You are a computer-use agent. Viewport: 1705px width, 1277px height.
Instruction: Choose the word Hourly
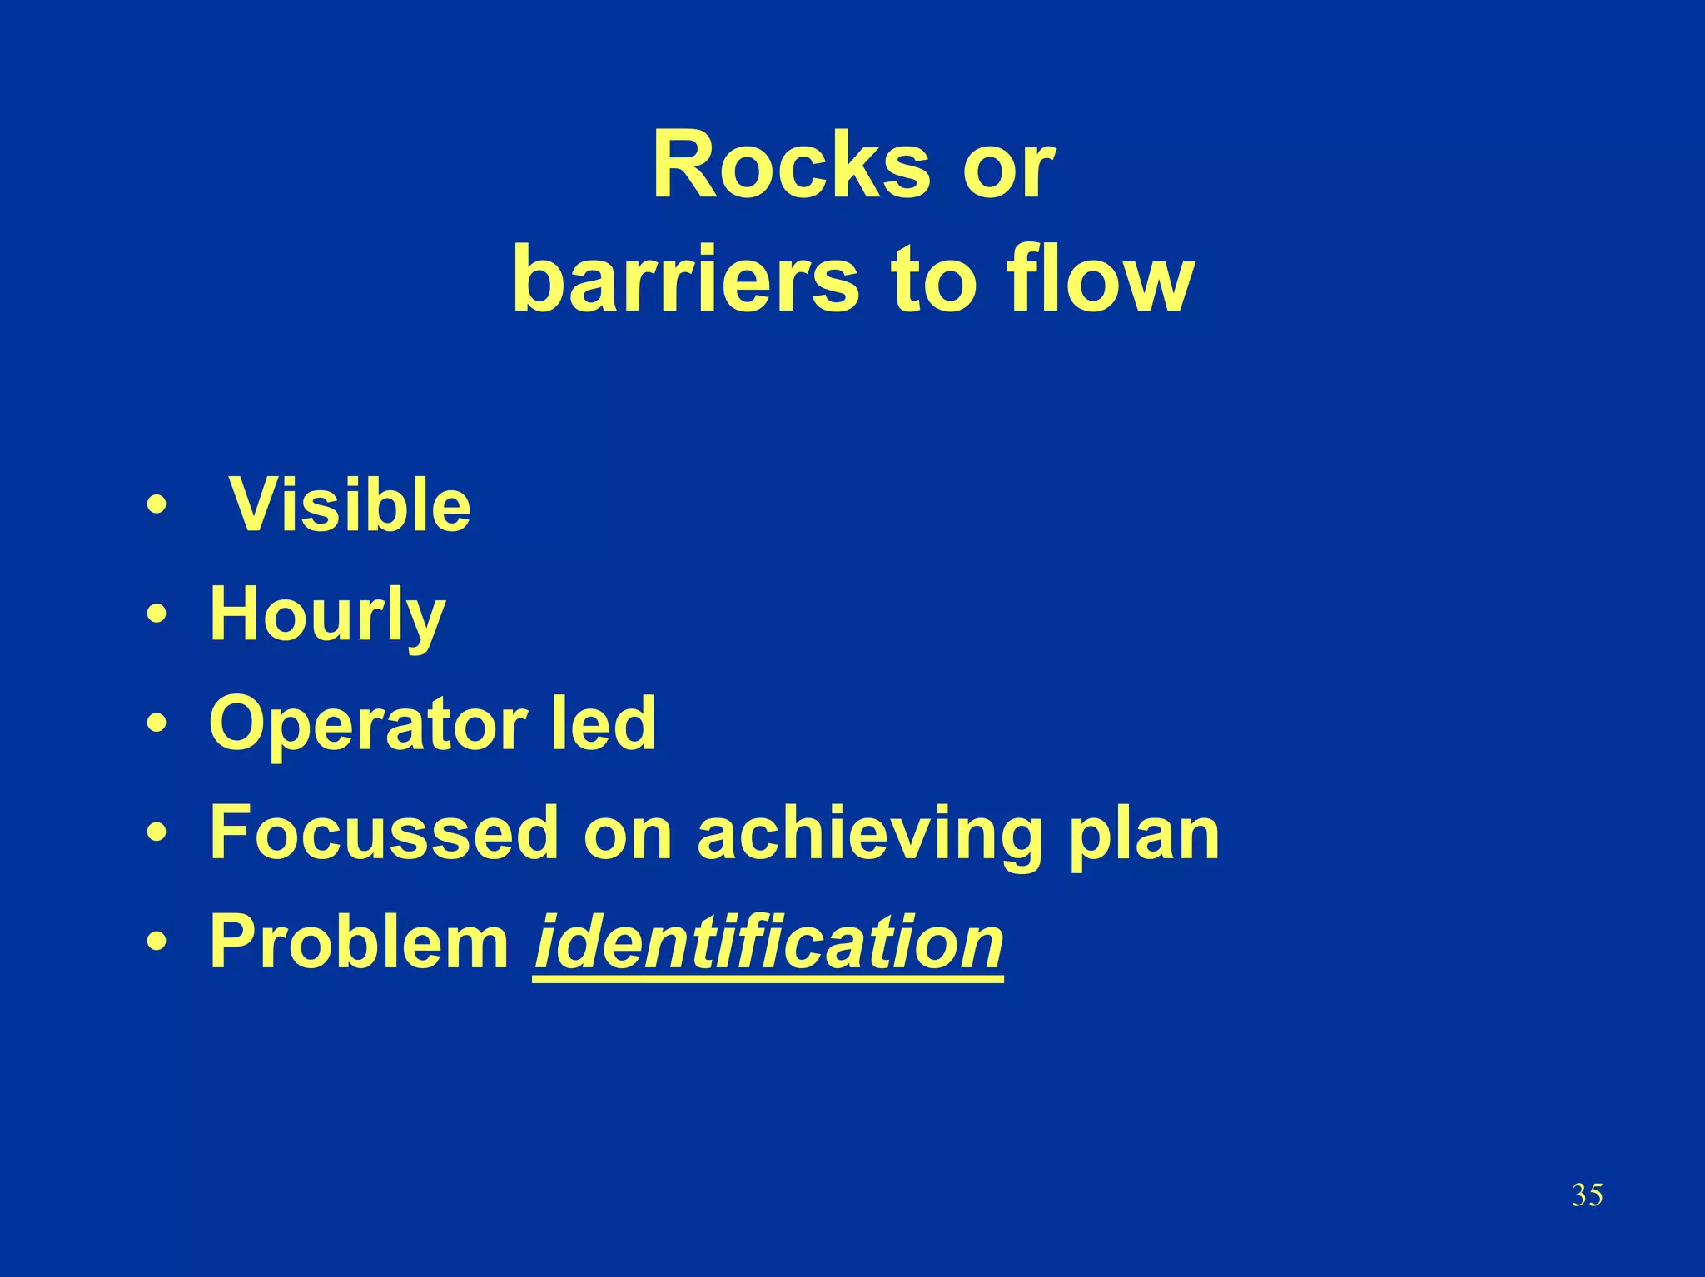tap(327, 615)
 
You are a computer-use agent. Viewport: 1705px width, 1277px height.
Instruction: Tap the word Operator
tap(368, 725)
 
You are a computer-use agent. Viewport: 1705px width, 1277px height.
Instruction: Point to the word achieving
tap(870, 834)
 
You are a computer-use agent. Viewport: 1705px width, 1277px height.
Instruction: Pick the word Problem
tap(359, 942)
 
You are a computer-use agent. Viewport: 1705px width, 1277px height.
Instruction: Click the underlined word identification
tap(768, 942)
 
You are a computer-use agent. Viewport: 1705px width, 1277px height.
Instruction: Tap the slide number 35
tap(1587, 1195)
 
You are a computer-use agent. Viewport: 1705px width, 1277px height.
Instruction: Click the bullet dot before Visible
tap(156, 505)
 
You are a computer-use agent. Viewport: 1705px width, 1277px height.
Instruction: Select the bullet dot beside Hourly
tap(156, 614)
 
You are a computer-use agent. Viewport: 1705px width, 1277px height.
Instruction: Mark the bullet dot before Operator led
tap(156, 723)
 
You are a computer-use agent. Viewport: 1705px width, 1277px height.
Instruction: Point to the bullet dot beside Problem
tap(156, 942)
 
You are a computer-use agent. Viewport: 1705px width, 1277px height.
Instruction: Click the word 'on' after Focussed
tap(627, 834)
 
